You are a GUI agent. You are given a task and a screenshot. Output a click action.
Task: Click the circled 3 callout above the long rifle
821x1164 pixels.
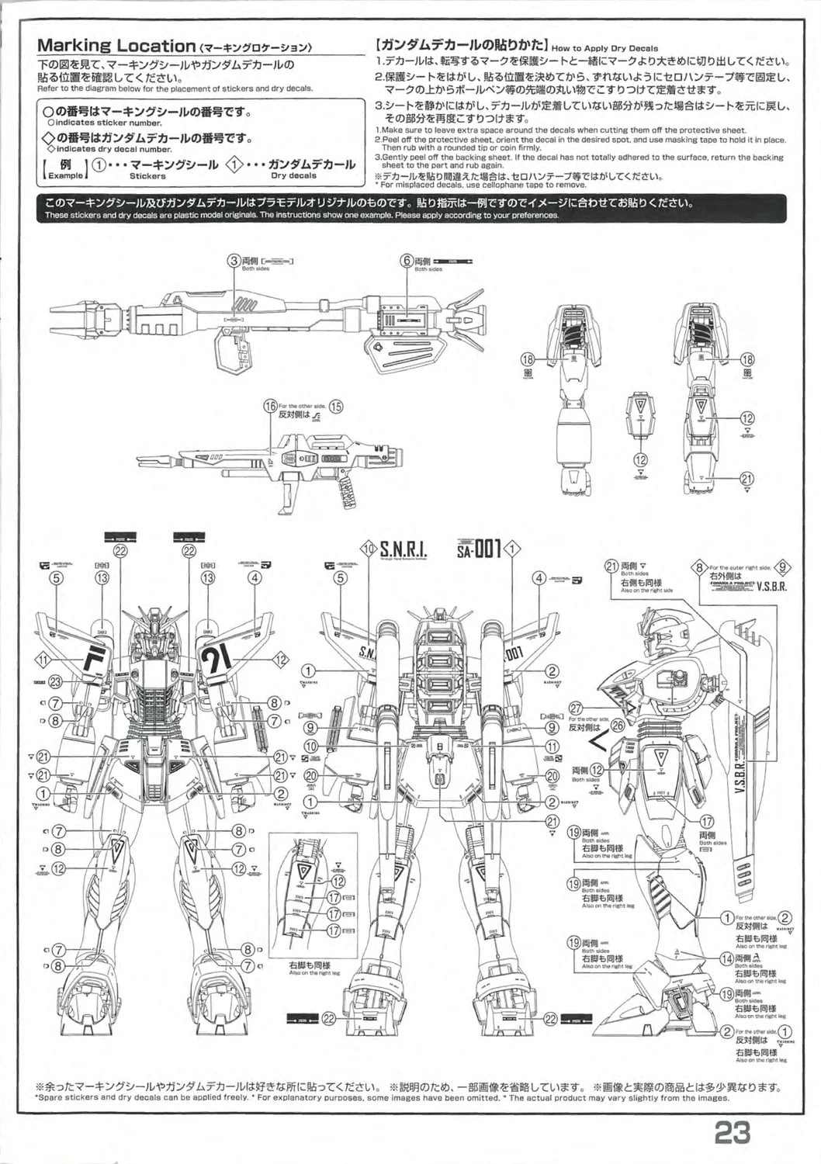(233, 261)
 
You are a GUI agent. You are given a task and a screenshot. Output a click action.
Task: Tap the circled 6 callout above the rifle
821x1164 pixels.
(405, 261)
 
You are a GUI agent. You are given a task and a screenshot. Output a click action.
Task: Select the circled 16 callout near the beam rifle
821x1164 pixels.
(270, 407)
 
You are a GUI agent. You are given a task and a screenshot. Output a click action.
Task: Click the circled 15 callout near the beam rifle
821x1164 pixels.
(336, 407)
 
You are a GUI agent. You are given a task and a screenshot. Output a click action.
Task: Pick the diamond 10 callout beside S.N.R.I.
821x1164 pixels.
(369, 549)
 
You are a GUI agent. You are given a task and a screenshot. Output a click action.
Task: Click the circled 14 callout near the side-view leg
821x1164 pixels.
(726, 958)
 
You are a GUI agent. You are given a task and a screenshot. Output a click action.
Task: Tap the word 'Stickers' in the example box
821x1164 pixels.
(147, 176)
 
